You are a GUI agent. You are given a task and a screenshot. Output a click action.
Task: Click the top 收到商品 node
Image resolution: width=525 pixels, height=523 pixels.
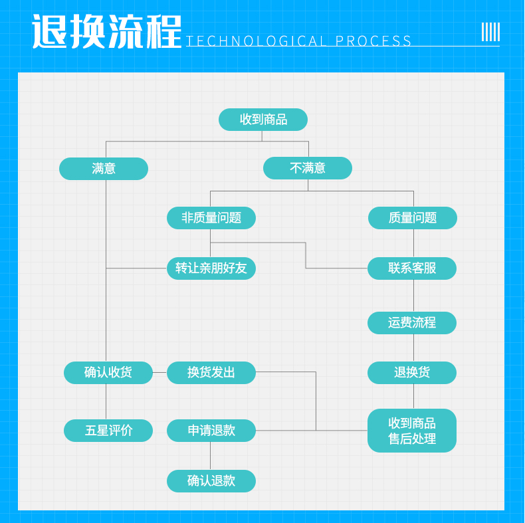(x=263, y=120)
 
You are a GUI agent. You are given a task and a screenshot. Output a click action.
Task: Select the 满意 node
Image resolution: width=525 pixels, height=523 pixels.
(x=104, y=168)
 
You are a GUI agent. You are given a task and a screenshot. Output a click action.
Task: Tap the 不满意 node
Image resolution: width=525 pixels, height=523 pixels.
(x=308, y=168)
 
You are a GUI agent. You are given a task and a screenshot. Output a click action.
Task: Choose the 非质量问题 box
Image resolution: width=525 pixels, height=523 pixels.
(x=211, y=218)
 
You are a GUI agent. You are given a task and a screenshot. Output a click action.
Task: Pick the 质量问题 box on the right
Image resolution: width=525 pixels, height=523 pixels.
(x=413, y=218)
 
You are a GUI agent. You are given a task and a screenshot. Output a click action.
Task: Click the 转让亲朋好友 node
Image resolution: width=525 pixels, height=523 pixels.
(x=211, y=268)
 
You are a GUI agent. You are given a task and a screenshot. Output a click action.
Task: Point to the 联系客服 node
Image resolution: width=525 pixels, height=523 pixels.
(x=412, y=268)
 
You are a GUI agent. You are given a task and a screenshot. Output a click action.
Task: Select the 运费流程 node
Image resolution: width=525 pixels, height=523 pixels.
(x=412, y=323)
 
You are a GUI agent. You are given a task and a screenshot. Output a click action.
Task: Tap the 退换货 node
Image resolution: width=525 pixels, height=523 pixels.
(x=412, y=373)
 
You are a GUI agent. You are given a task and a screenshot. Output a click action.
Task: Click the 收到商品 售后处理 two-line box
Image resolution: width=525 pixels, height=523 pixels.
(x=412, y=431)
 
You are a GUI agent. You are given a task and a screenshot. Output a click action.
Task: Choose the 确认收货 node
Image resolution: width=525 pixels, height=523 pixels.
(x=108, y=373)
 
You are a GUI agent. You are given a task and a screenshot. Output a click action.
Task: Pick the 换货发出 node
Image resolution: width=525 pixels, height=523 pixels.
(x=211, y=373)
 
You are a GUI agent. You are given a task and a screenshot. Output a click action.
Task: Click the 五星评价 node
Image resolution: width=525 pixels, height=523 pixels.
(x=108, y=431)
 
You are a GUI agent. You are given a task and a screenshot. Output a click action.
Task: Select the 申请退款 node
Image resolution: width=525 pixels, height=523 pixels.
(x=211, y=431)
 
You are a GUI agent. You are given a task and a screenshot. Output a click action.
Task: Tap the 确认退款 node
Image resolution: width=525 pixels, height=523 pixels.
(x=211, y=481)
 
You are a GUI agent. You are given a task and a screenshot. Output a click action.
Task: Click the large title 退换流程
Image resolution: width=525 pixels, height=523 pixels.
(x=107, y=31)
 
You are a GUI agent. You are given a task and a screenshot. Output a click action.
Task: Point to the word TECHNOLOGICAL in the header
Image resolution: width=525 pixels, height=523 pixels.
(x=256, y=41)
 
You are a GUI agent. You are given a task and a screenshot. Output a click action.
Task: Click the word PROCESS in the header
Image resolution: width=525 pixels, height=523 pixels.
(x=373, y=41)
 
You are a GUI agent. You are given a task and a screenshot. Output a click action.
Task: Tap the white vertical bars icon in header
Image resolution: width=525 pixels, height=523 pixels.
(x=490, y=32)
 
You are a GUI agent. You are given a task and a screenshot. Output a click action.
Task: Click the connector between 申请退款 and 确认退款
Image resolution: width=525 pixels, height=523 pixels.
(x=210, y=456)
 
